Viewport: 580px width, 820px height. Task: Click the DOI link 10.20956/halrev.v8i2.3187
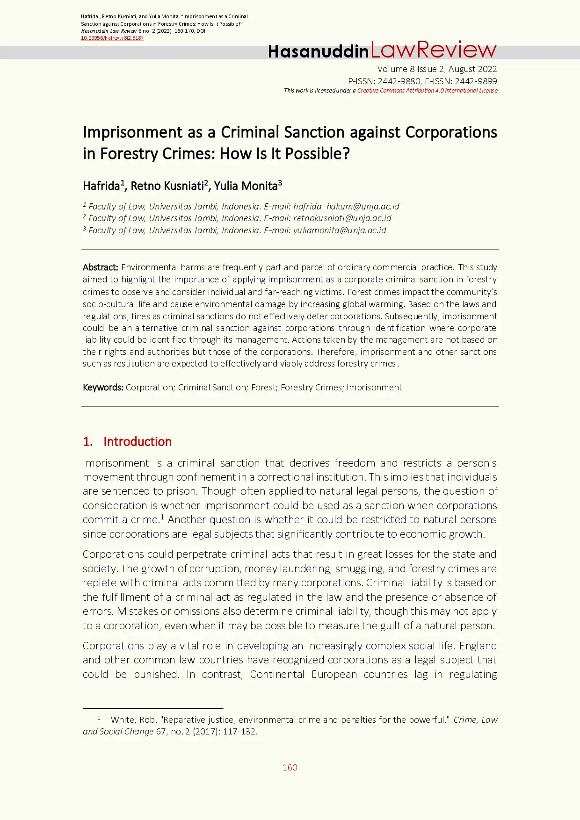(x=112, y=38)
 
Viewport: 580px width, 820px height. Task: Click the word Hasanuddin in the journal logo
(x=318, y=51)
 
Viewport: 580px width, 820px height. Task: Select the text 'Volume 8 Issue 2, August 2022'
(x=437, y=69)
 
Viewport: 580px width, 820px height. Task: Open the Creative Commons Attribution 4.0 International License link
(x=427, y=91)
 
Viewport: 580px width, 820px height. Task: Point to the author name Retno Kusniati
(x=167, y=186)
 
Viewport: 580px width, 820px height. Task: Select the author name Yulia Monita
(x=246, y=186)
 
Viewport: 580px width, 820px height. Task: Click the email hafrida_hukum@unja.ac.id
(x=346, y=207)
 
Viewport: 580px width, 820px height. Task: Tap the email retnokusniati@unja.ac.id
(x=342, y=218)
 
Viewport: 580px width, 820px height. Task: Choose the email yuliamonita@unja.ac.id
(x=340, y=230)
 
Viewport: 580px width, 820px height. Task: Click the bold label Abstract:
(x=101, y=267)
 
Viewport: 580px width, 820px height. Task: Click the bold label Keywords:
(x=103, y=388)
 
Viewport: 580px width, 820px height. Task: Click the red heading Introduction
(x=137, y=442)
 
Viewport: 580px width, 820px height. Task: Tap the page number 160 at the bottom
(x=290, y=768)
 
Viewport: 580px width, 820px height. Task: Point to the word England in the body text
(x=478, y=646)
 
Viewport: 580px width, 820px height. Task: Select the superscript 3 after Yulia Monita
(x=280, y=183)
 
